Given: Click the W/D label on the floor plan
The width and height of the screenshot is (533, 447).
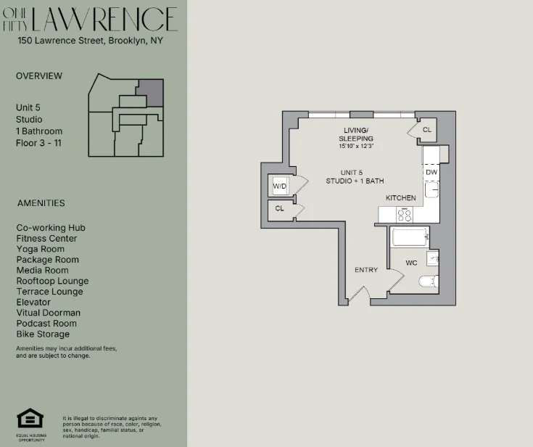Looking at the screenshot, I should (280, 186).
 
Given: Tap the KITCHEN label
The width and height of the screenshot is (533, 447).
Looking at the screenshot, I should (400, 197).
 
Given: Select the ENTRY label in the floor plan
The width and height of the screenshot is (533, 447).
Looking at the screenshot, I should (366, 270).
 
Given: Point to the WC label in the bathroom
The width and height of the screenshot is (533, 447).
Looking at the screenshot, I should (411, 263).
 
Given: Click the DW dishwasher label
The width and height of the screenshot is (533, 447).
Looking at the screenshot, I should (431, 172).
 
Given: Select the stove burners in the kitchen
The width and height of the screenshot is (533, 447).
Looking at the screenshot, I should (404, 214).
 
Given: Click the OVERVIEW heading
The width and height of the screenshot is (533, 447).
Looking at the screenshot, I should (39, 76).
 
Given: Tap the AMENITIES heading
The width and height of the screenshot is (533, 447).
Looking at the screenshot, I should (41, 203).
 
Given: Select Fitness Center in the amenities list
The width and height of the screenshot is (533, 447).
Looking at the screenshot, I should (46, 238).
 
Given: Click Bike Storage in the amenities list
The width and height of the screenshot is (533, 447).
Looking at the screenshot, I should (43, 334).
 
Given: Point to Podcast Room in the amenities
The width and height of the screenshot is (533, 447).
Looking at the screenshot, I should (46, 323).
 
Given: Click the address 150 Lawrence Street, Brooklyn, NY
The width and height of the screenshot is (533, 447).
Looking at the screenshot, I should (90, 41).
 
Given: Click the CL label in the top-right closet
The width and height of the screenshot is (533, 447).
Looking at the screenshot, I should (426, 130).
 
